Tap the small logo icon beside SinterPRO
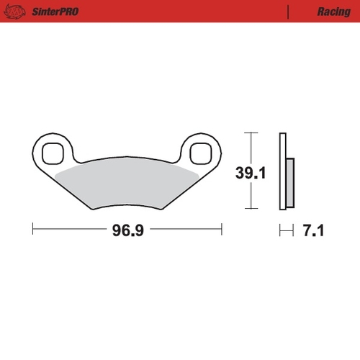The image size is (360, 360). [19, 12]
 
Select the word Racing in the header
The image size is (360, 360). [333, 12]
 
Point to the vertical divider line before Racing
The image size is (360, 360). [289, 12]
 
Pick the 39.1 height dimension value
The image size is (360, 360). [249, 173]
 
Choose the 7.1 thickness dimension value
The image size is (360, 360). [314, 230]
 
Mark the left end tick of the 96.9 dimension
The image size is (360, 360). [33, 230]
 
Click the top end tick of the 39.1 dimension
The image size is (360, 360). [249, 133]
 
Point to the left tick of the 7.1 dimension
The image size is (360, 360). [279, 230]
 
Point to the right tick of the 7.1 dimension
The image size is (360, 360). [294, 230]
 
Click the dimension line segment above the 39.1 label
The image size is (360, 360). [249, 148]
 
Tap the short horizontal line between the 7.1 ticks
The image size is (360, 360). [287, 230]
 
